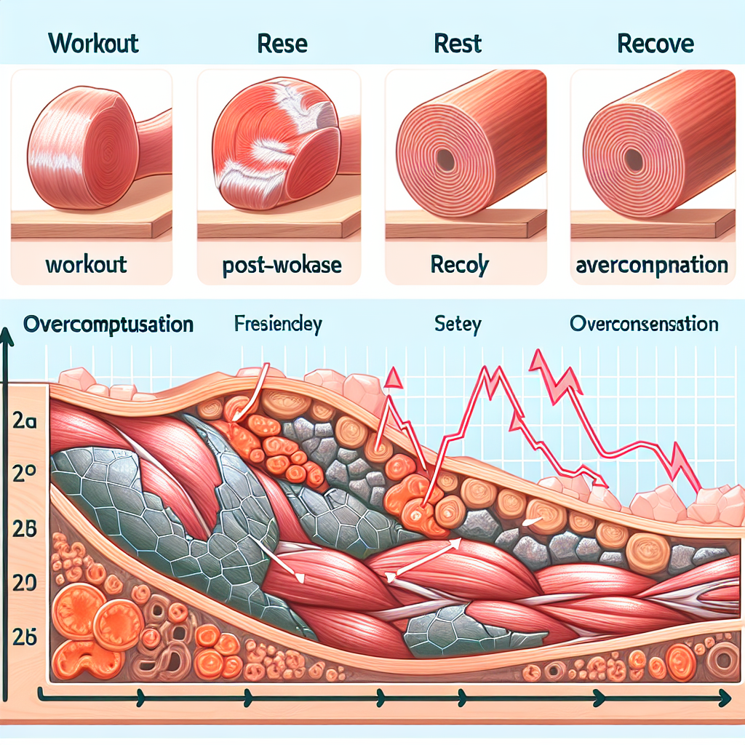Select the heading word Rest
pyautogui.click(x=458, y=43)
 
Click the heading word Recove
pyautogui.click(x=655, y=43)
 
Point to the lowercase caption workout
pyautogui.click(x=86, y=263)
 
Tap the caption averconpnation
pyautogui.click(x=651, y=264)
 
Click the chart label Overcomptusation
pyautogui.click(x=108, y=324)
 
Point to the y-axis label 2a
pyautogui.click(x=25, y=423)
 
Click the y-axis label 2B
pyautogui.click(x=25, y=529)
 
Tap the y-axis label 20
pyautogui.click(x=25, y=582)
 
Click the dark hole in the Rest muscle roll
pyautogui.click(x=445, y=161)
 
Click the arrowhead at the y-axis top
pyautogui.click(x=7, y=336)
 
